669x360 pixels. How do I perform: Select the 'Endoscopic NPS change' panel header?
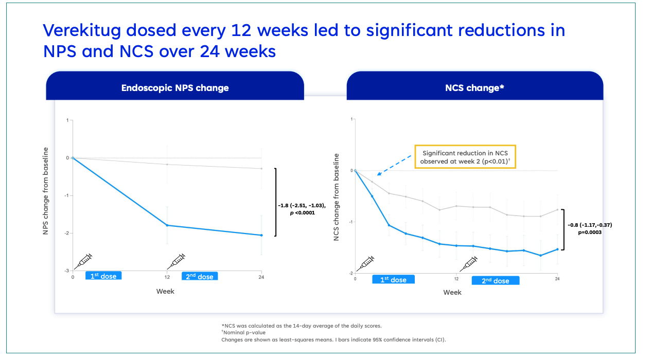[x=175, y=87]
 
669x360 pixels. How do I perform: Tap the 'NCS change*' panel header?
[x=474, y=87]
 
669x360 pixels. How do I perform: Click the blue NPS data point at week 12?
[x=167, y=225]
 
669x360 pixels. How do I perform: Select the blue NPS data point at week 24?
[x=261, y=235]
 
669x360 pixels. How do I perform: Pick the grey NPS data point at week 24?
[x=261, y=169]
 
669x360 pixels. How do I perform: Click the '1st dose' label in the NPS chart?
[x=103, y=276]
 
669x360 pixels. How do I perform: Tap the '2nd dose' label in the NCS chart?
[x=495, y=281]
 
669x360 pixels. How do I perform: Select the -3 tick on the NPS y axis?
[x=66, y=271]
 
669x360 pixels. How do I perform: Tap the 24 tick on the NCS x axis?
[x=557, y=279]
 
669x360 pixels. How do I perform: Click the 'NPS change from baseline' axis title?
[x=45, y=191]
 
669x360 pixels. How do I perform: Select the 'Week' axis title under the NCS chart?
[x=452, y=293]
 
